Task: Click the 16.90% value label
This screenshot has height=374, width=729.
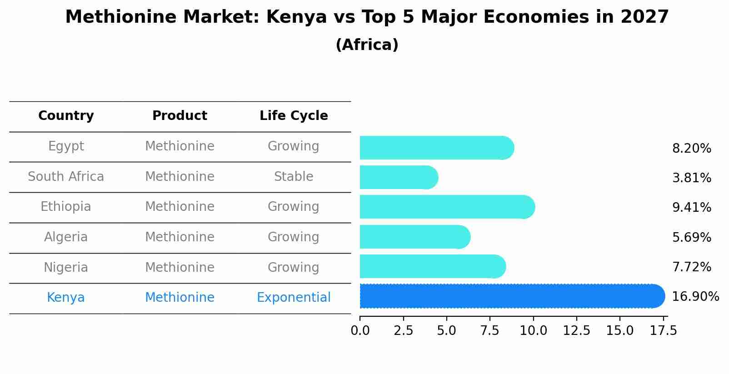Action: coord(695,297)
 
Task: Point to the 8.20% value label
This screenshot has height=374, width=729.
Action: coord(691,149)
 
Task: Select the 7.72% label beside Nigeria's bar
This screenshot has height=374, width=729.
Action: coord(691,267)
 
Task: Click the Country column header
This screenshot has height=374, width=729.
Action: coord(66,116)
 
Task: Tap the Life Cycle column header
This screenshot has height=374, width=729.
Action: coord(294,116)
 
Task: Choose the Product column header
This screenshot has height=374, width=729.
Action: coord(180,116)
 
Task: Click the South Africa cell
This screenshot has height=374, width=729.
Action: coord(66,177)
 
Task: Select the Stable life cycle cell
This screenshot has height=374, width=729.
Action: coord(294,177)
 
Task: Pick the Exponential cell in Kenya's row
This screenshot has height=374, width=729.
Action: coord(294,298)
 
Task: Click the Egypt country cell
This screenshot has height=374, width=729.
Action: coord(66,146)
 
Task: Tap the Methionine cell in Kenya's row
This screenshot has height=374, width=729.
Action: coord(180,298)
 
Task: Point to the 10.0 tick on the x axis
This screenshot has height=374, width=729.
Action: coord(533,331)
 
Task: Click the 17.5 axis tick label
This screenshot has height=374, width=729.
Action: coord(664,331)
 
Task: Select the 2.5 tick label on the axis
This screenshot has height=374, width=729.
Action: coord(403,331)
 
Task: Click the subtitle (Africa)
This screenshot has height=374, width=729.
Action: coord(367,45)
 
